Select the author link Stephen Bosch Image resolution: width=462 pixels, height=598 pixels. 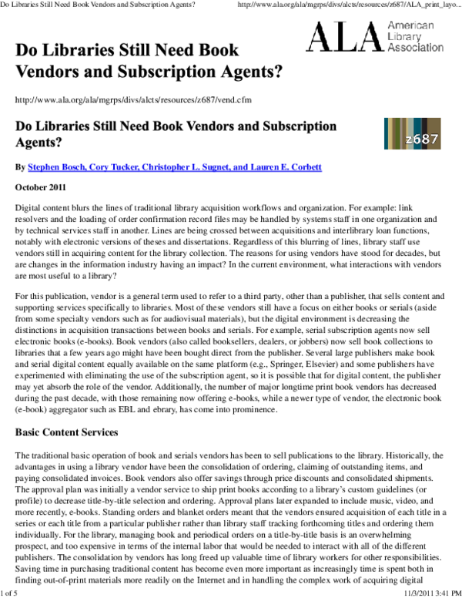(55, 167)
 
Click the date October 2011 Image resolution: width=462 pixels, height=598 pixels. (40, 187)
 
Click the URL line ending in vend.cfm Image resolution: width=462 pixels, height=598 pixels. (132, 100)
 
